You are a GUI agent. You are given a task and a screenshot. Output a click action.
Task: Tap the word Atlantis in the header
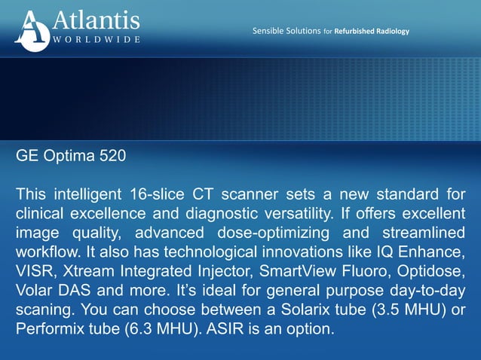(x=95, y=20)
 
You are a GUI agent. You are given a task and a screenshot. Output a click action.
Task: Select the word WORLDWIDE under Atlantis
(x=95, y=39)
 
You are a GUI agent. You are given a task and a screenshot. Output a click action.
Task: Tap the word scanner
(x=250, y=194)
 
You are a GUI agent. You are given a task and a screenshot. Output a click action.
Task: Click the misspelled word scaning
(x=45, y=310)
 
